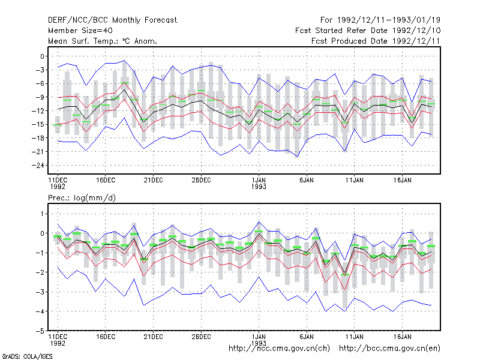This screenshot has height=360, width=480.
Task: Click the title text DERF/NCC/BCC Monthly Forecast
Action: tap(112, 20)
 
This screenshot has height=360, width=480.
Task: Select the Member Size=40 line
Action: tap(80, 31)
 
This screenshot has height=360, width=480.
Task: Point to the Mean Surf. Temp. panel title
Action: tap(103, 41)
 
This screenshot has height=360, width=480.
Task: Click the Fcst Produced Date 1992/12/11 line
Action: tap(376, 41)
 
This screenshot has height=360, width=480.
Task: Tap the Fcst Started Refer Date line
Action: tap(368, 31)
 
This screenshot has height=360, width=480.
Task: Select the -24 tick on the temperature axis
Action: tap(38, 166)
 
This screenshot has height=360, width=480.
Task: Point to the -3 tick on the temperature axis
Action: tap(40, 70)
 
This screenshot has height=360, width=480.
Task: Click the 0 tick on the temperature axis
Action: tap(42, 56)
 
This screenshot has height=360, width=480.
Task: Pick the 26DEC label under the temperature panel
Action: tap(201, 181)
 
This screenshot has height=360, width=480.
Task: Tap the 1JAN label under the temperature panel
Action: tap(259, 180)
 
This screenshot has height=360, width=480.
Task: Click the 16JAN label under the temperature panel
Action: tap(402, 181)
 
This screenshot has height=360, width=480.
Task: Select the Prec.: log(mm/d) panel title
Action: tap(82, 198)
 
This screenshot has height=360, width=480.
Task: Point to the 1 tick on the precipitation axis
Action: tap(42, 214)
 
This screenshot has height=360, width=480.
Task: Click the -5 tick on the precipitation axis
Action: tap(40, 331)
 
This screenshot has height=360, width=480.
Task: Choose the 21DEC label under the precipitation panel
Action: tap(154, 337)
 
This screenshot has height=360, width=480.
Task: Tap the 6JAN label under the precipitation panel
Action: tap(307, 337)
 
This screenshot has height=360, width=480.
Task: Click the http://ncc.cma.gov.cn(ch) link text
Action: tap(279, 349)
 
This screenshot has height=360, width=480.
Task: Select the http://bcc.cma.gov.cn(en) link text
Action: tap(389, 349)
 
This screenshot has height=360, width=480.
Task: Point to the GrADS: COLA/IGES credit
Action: tap(27, 356)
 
